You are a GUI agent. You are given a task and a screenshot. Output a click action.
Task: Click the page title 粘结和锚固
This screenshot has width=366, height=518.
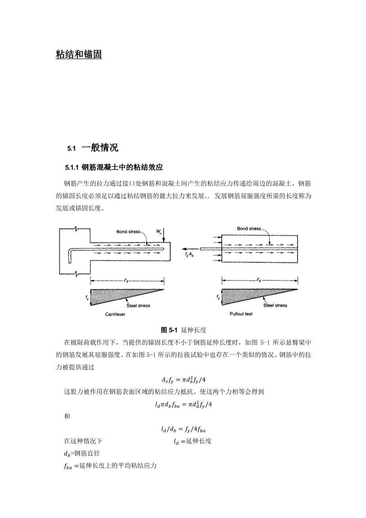79,55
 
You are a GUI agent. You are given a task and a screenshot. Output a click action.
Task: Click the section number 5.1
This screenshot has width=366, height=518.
71,149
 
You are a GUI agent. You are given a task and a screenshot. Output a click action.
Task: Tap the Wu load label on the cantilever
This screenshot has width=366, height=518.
159,230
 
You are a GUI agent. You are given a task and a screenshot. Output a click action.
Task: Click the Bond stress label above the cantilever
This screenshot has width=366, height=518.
128,231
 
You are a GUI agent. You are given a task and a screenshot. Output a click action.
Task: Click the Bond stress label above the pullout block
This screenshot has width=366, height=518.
249,229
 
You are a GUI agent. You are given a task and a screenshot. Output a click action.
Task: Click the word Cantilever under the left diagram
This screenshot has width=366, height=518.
115,314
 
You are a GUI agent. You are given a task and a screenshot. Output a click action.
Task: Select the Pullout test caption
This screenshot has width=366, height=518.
241,314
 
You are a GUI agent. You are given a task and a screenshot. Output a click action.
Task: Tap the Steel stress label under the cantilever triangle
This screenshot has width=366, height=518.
138,305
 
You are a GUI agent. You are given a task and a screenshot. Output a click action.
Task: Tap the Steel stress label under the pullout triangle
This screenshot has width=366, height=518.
275,305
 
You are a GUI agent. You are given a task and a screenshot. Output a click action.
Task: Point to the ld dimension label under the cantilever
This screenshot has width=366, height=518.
126,281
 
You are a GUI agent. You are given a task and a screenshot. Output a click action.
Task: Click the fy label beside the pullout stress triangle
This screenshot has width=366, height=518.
218,296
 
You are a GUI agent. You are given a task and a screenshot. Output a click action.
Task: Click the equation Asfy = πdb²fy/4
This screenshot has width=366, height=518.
184,380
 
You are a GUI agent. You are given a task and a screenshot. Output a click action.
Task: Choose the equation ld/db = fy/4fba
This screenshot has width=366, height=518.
183,429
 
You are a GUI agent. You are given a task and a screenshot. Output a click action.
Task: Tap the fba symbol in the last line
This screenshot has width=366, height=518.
68,466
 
